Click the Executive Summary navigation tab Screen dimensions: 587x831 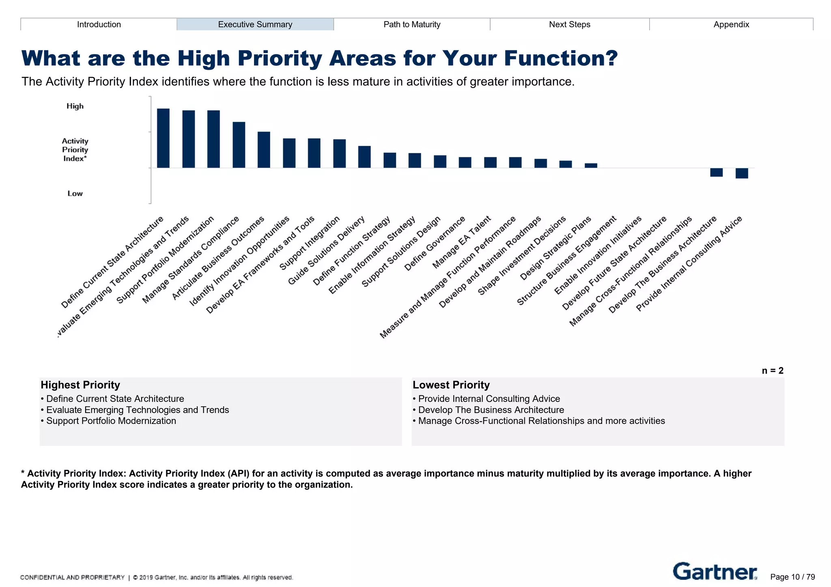pos(255,24)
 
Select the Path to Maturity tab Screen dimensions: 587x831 pos(412,24)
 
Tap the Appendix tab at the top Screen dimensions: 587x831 pos(731,24)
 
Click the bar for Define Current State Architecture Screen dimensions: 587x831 pos(163,138)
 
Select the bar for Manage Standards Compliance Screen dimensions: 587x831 pos(239,145)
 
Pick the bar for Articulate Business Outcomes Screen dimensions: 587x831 pos(264,150)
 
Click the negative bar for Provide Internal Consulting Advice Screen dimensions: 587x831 pos(742,173)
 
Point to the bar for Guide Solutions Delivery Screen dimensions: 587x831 pos(364,157)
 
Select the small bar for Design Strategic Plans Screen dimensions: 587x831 pos(591,166)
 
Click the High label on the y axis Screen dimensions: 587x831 pos(75,106)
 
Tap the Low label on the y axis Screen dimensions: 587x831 pos(75,194)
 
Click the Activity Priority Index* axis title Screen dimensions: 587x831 pos(75,150)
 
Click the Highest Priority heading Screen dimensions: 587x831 pos(80,385)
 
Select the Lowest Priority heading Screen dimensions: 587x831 pos(451,385)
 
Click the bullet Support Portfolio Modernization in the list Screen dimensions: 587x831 pos(111,421)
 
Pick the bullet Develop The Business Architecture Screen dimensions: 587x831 pos(491,410)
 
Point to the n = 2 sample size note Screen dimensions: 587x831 pos(773,371)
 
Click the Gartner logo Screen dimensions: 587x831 pos(715,572)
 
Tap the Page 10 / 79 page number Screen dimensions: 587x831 pos(792,577)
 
